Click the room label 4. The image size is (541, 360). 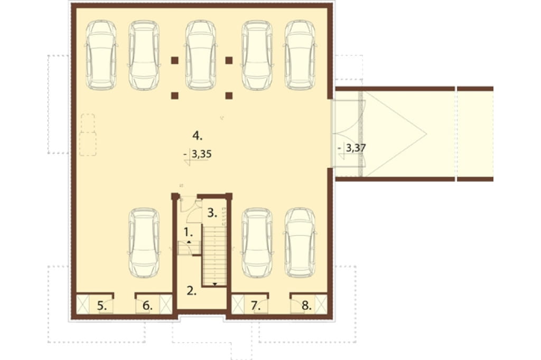(x=198, y=136)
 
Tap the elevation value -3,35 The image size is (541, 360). (x=198, y=154)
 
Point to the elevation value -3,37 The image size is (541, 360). (x=352, y=148)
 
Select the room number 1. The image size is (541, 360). (x=188, y=232)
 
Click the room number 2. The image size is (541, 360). (x=191, y=291)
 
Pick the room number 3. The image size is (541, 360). (x=212, y=213)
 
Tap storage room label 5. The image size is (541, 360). (x=101, y=305)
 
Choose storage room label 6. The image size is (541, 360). (x=147, y=305)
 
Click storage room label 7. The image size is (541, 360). (x=255, y=305)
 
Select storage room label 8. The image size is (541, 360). (x=306, y=305)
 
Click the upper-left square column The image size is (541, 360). (x=174, y=60)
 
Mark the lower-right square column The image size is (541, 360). (x=229, y=96)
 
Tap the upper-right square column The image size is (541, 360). (x=229, y=60)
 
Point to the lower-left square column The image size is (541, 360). (x=174, y=96)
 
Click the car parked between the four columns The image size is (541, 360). (x=201, y=55)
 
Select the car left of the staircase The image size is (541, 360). (x=144, y=243)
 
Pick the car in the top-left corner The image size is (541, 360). (x=101, y=55)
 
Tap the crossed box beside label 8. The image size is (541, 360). (x=321, y=304)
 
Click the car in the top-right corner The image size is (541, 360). (x=300, y=55)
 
